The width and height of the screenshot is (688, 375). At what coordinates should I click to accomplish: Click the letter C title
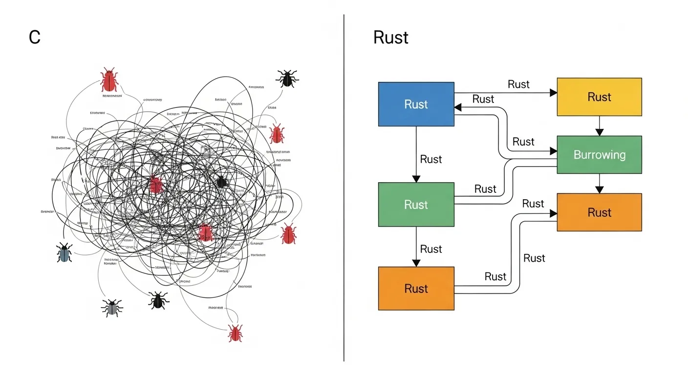(34, 38)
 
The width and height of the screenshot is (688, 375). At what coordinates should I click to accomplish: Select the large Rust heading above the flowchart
(390, 38)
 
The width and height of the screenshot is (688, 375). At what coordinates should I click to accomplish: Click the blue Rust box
(416, 104)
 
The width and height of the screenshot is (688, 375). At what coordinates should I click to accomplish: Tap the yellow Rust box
(599, 97)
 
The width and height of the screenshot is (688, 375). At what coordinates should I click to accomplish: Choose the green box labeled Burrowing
(599, 155)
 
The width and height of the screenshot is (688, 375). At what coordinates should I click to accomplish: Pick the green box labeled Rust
(416, 205)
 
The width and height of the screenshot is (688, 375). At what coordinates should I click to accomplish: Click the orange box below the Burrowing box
(599, 212)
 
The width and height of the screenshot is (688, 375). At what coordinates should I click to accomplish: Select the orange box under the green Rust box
(416, 289)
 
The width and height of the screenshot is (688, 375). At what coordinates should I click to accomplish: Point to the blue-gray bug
(64, 252)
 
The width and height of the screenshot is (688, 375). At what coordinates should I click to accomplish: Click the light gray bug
(112, 307)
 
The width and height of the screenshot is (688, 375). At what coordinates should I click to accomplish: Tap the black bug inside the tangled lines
(221, 182)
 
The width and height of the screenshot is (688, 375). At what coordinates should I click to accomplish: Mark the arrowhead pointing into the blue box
(458, 107)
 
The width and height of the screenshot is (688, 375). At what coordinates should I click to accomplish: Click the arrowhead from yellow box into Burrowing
(600, 132)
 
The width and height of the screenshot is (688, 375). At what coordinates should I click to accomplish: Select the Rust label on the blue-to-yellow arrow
(518, 84)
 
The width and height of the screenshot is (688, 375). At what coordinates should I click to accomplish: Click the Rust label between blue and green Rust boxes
(430, 159)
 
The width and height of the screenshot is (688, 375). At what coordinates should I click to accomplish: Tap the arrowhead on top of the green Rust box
(416, 179)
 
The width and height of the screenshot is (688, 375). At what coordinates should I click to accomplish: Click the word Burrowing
(599, 155)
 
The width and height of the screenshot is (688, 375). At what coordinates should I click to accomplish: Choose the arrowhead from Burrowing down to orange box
(600, 190)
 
